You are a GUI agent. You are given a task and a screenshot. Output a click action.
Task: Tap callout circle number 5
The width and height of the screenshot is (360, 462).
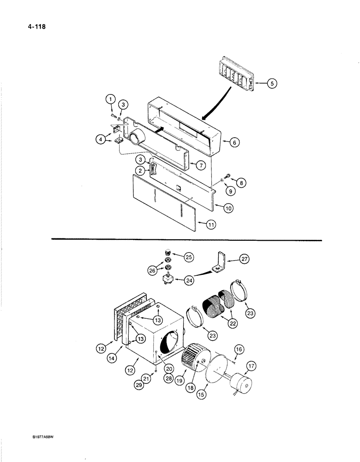point(271,84)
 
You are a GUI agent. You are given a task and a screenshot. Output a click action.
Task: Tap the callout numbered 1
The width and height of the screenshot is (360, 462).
point(110,98)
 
